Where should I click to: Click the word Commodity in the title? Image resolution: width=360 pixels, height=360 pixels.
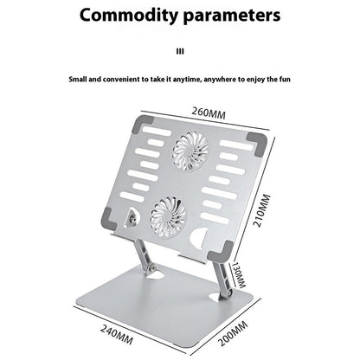click(x=129, y=16)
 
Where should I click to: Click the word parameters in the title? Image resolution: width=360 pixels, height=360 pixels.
click(x=232, y=16)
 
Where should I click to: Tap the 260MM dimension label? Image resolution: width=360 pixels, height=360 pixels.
click(x=209, y=112)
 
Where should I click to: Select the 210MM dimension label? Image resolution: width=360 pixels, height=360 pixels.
click(x=261, y=210)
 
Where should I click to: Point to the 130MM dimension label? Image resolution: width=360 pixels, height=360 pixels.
click(x=239, y=275)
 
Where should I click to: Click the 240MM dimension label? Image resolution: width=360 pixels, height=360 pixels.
click(x=117, y=334)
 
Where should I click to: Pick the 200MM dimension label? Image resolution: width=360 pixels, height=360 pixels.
click(x=233, y=333)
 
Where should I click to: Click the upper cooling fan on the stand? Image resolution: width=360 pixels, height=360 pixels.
click(x=190, y=151)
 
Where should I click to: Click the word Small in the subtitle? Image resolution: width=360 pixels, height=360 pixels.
click(x=78, y=79)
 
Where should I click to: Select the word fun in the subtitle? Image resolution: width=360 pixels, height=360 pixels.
click(x=285, y=79)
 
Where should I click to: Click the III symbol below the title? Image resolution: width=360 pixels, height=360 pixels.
click(x=180, y=52)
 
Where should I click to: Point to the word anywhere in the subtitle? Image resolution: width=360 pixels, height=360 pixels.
click(x=220, y=80)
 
